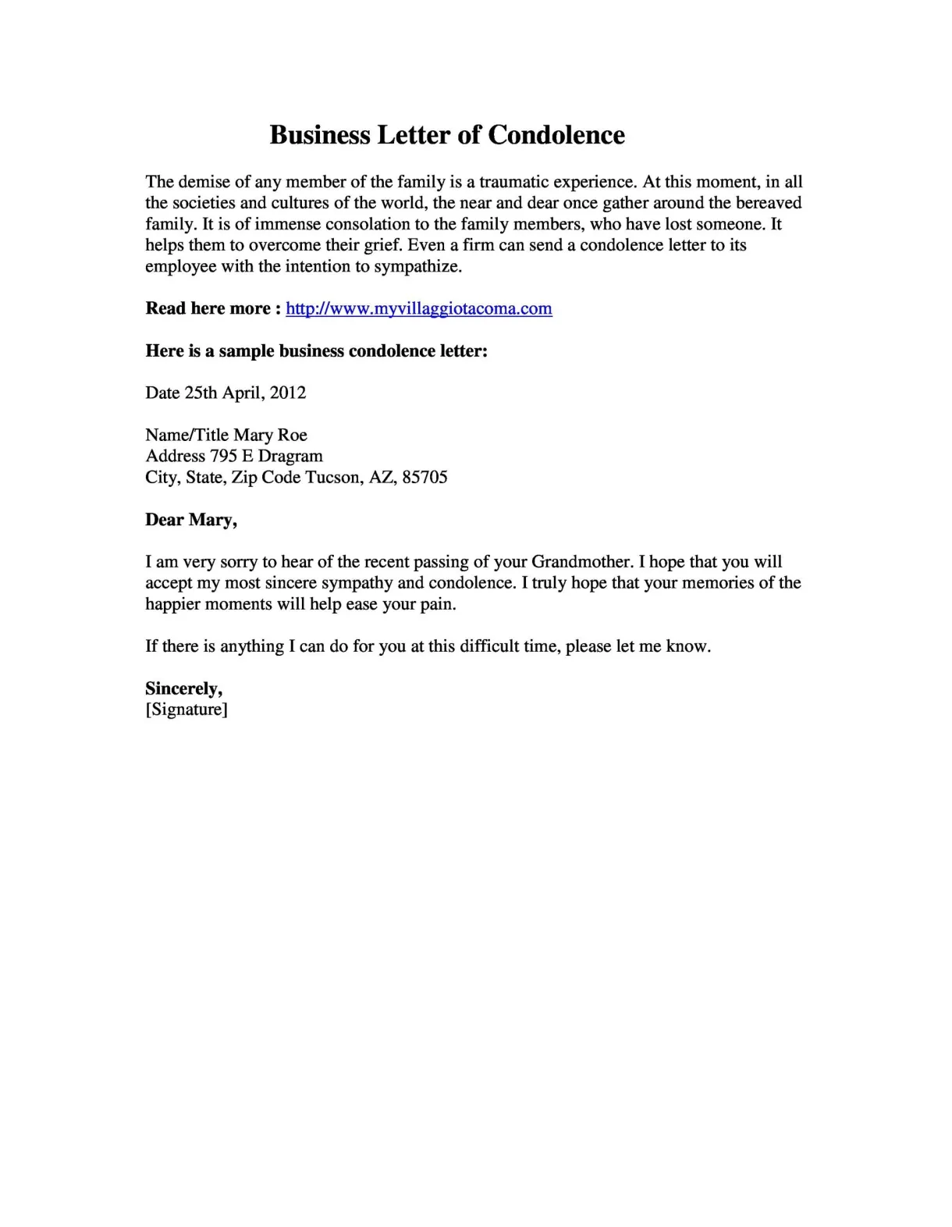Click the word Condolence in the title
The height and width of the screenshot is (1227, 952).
[x=556, y=135]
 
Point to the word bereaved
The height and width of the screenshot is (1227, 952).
[x=769, y=203]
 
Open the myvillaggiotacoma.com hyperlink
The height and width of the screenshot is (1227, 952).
[x=419, y=308]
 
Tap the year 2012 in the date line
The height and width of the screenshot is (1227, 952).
[x=288, y=393]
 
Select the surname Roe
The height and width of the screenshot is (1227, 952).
[x=293, y=435]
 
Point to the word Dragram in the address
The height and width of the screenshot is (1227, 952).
[x=290, y=456]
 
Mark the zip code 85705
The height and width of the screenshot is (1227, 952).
[x=424, y=477]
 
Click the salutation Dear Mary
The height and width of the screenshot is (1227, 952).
[x=191, y=520]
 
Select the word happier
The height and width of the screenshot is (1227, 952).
[x=172, y=604]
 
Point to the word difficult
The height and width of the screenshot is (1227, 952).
[x=489, y=646]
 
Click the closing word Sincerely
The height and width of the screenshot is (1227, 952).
[x=184, y=688]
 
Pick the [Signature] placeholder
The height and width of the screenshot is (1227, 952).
[x=186, y=710]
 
